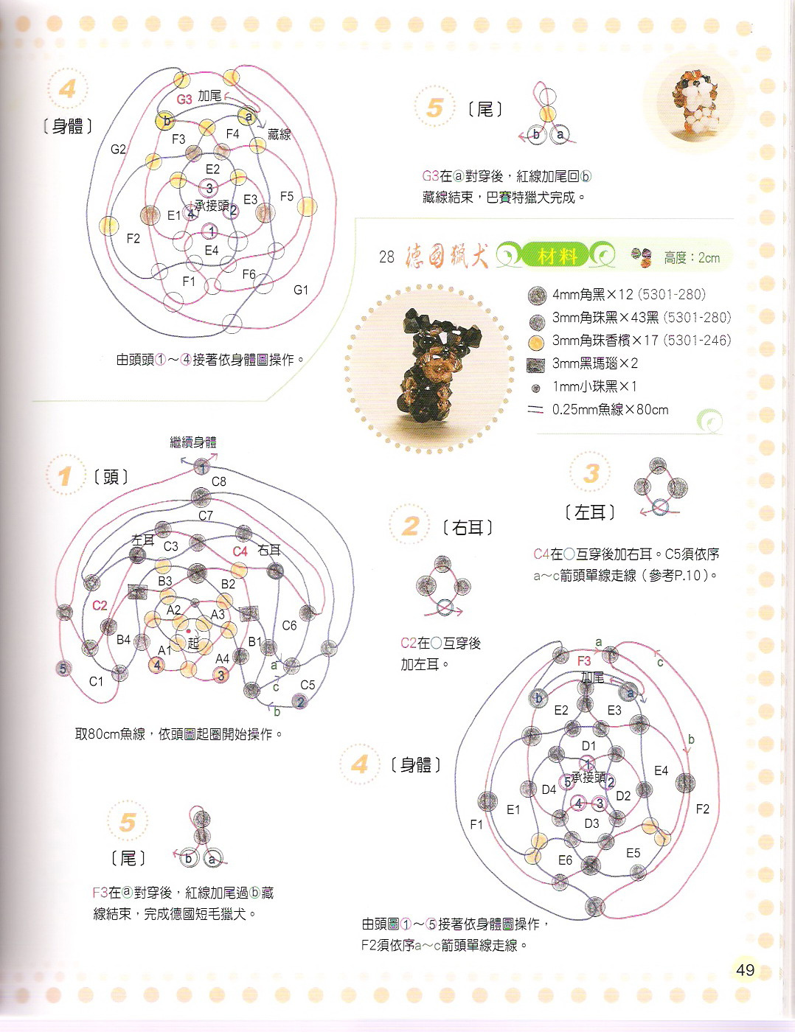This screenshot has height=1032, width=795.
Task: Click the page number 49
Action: [x=745, y=969]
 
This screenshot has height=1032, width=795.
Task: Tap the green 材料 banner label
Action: [x=557, y=257]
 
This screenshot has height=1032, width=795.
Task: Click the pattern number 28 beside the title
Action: [x=386, y=257]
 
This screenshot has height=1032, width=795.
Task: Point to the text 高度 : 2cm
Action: [x=692, y=258]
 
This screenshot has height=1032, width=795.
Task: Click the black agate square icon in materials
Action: [x=535, y=364]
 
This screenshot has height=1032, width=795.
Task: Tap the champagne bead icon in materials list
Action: [x=536, y=341]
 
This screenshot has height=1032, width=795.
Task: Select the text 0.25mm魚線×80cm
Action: [x=610, y=409]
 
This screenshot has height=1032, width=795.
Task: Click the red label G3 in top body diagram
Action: [x=184, y=100]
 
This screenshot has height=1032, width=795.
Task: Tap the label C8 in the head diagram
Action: [x=218, y=481]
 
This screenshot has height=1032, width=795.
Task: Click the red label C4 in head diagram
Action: [x=240, y=551]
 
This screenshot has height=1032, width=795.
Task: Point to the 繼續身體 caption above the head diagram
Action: [x=193, y=442]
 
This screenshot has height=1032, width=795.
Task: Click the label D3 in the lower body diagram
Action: [x=591, y=823]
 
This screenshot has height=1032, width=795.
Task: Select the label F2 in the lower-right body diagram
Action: [x=702, y=809]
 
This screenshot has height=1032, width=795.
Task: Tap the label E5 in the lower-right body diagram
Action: [x=633, y=853]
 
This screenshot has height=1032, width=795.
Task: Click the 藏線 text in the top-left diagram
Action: [x=280, y=134]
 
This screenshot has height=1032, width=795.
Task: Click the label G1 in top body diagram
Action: [x=301, y=290]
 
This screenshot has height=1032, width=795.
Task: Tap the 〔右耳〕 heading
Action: [x=468, y=528]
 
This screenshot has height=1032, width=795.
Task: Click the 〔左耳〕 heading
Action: [x=590, y=512]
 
